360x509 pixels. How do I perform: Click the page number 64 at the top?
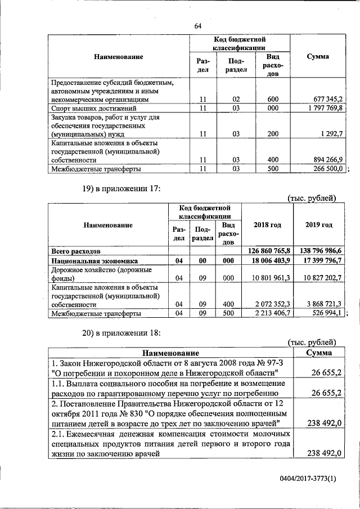coord(198,26)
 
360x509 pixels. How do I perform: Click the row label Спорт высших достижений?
coord(94,107)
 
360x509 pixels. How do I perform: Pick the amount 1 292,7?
coord(331,134)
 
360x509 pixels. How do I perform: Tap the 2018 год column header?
coord(267,225)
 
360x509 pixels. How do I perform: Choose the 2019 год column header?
coord(319,225)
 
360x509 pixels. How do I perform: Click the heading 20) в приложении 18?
coord(119,333)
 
